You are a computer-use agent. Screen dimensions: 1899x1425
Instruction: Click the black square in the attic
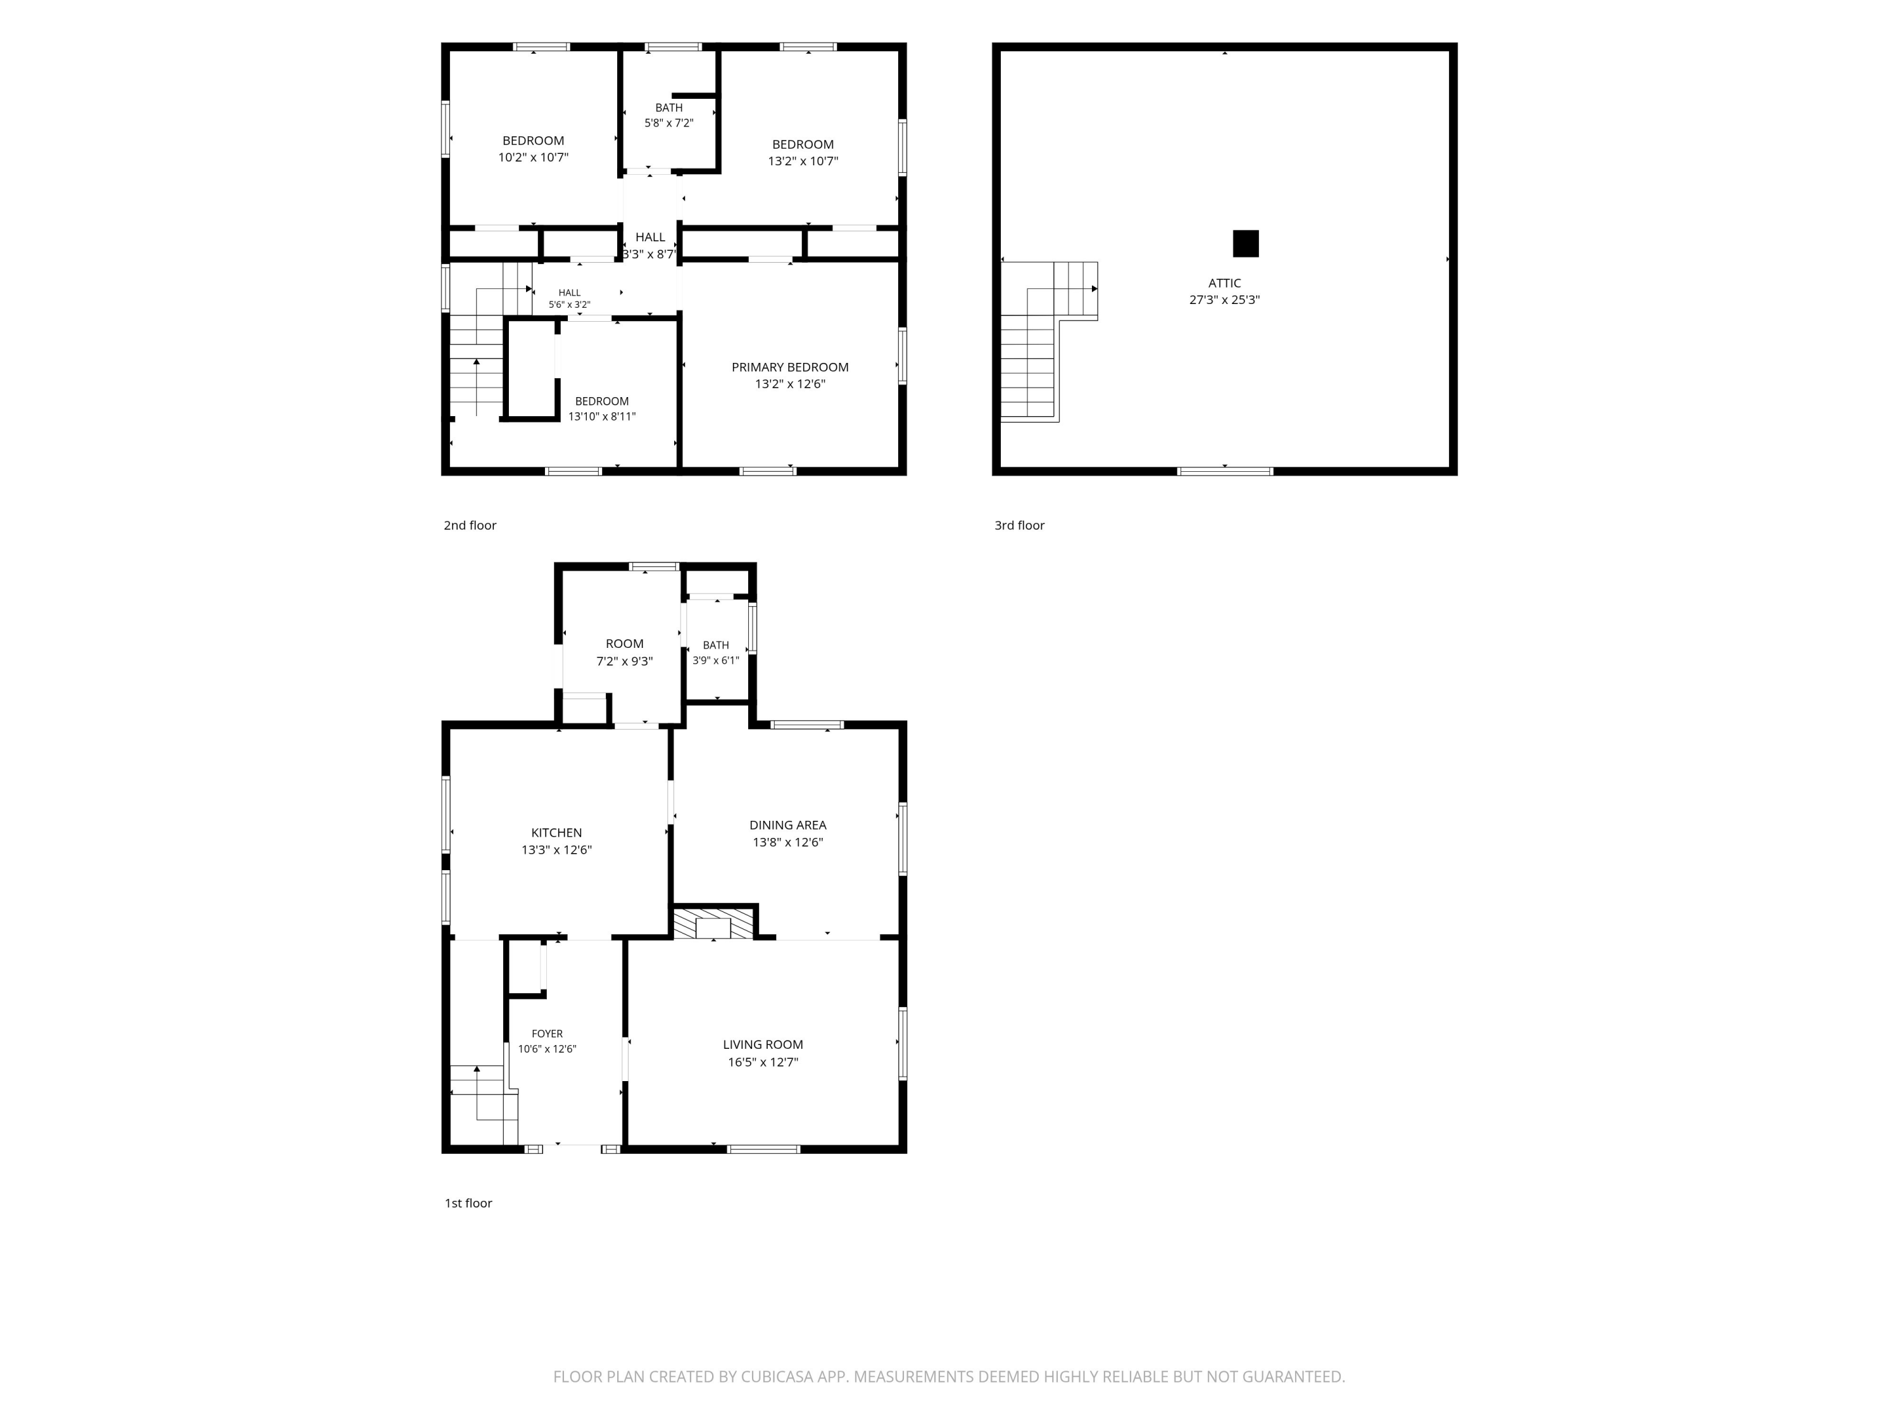[x=1246, y=244]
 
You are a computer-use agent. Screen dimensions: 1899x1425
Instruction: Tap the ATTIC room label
[x=1224, y=282]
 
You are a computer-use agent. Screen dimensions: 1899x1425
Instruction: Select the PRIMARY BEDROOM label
[x=790, y=367]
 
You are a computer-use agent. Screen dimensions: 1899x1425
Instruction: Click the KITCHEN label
[x=556, y=832]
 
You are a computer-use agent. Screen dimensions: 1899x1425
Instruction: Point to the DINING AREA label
[x=787, y=825]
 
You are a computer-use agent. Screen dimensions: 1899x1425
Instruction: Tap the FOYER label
[x=547, y=1034]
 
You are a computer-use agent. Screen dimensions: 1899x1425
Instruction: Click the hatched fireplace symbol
[x=713, y=924]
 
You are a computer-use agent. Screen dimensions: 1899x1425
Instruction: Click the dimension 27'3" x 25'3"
[x=1224, y=300]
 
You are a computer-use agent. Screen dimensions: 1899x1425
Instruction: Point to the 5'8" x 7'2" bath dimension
[x=669, y=123]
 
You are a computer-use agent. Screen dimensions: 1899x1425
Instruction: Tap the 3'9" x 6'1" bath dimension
[x=715, y=661]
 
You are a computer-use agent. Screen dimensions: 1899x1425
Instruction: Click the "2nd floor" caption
[x=470, y=525]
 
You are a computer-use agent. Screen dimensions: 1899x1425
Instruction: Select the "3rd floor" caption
[x=1019, y=525]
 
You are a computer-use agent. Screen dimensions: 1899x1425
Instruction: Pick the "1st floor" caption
[x=468, y=1203]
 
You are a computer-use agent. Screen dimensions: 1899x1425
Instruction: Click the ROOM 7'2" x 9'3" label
[x=624, y=652]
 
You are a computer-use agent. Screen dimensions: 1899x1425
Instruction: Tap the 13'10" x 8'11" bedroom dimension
[x=602, y=417]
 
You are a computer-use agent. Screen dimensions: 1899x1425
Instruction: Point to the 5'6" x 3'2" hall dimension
[x=569, y=305]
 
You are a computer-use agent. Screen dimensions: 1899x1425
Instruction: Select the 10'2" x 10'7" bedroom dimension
[x=533, y=157]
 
